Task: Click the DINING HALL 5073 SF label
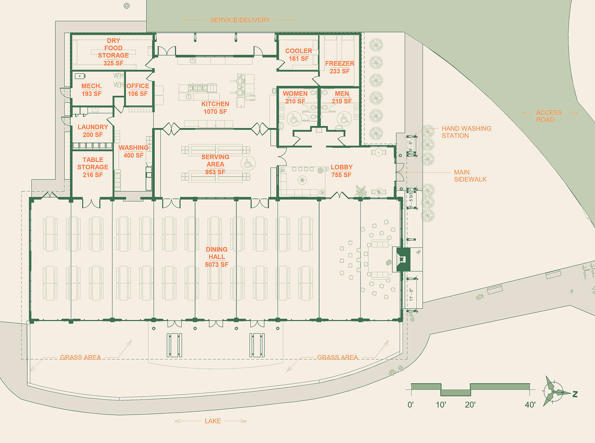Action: pos(217,257)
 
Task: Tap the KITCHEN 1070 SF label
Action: pos(215,108)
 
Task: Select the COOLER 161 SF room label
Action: pos(298,55)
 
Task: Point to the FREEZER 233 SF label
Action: pos(339,67)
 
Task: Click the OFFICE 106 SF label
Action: pos(138,90)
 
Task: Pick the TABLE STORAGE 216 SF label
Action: pos(93,167)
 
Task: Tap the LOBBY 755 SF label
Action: pos(342,171)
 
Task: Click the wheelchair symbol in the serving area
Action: pos(248,163)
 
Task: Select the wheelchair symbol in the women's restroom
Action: pos(294,119)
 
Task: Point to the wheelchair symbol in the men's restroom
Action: pos(345,119)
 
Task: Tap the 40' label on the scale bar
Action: pos(530,405)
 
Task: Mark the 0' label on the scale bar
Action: pos(411,405)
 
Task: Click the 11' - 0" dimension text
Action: pos(411,295)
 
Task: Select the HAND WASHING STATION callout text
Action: pos(466,132)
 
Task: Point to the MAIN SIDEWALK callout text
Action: pos(470,176)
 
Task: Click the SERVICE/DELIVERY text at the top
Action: pos(240,20)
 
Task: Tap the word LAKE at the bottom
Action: pos(213,421)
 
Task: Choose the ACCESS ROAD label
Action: pos(549,116)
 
